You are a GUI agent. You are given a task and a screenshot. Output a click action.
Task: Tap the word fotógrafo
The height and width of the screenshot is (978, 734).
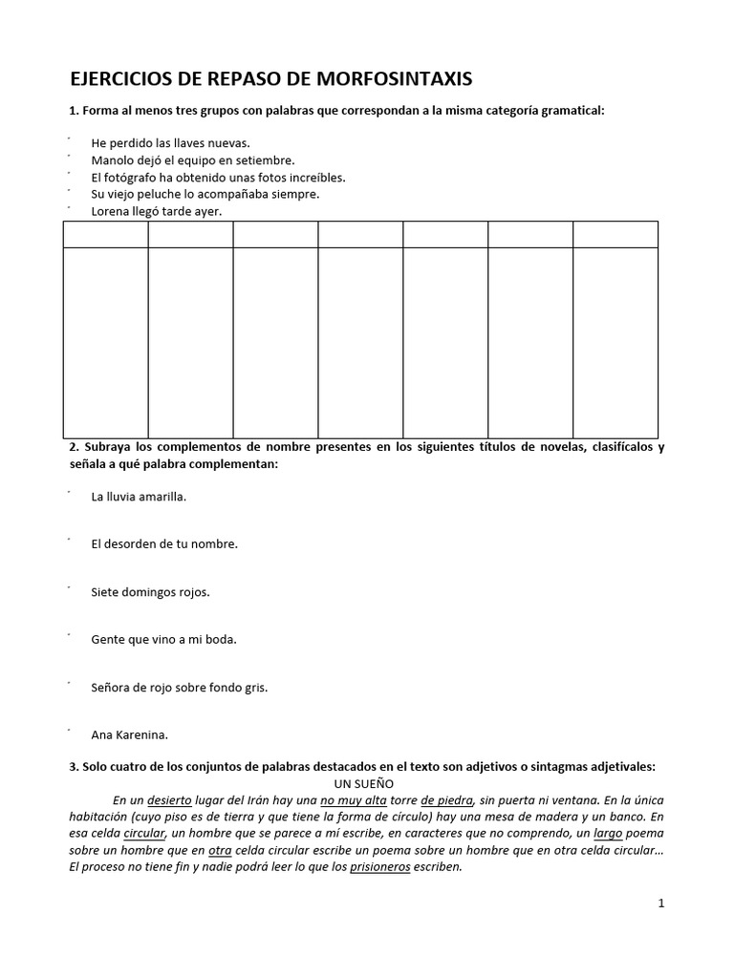[x=135, y=178]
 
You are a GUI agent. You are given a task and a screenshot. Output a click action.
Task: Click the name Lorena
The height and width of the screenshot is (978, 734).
[x=112, y=211]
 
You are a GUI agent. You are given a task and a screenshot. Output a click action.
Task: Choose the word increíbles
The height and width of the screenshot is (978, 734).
[x=312, y=178]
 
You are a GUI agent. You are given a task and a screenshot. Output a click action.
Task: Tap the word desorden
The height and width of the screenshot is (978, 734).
[x=137, y=544]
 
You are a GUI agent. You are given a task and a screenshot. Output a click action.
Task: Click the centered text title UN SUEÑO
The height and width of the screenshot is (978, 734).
[x=367, y=783]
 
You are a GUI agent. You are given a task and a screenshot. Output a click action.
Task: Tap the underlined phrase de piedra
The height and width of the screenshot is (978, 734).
[x=446, y=800]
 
